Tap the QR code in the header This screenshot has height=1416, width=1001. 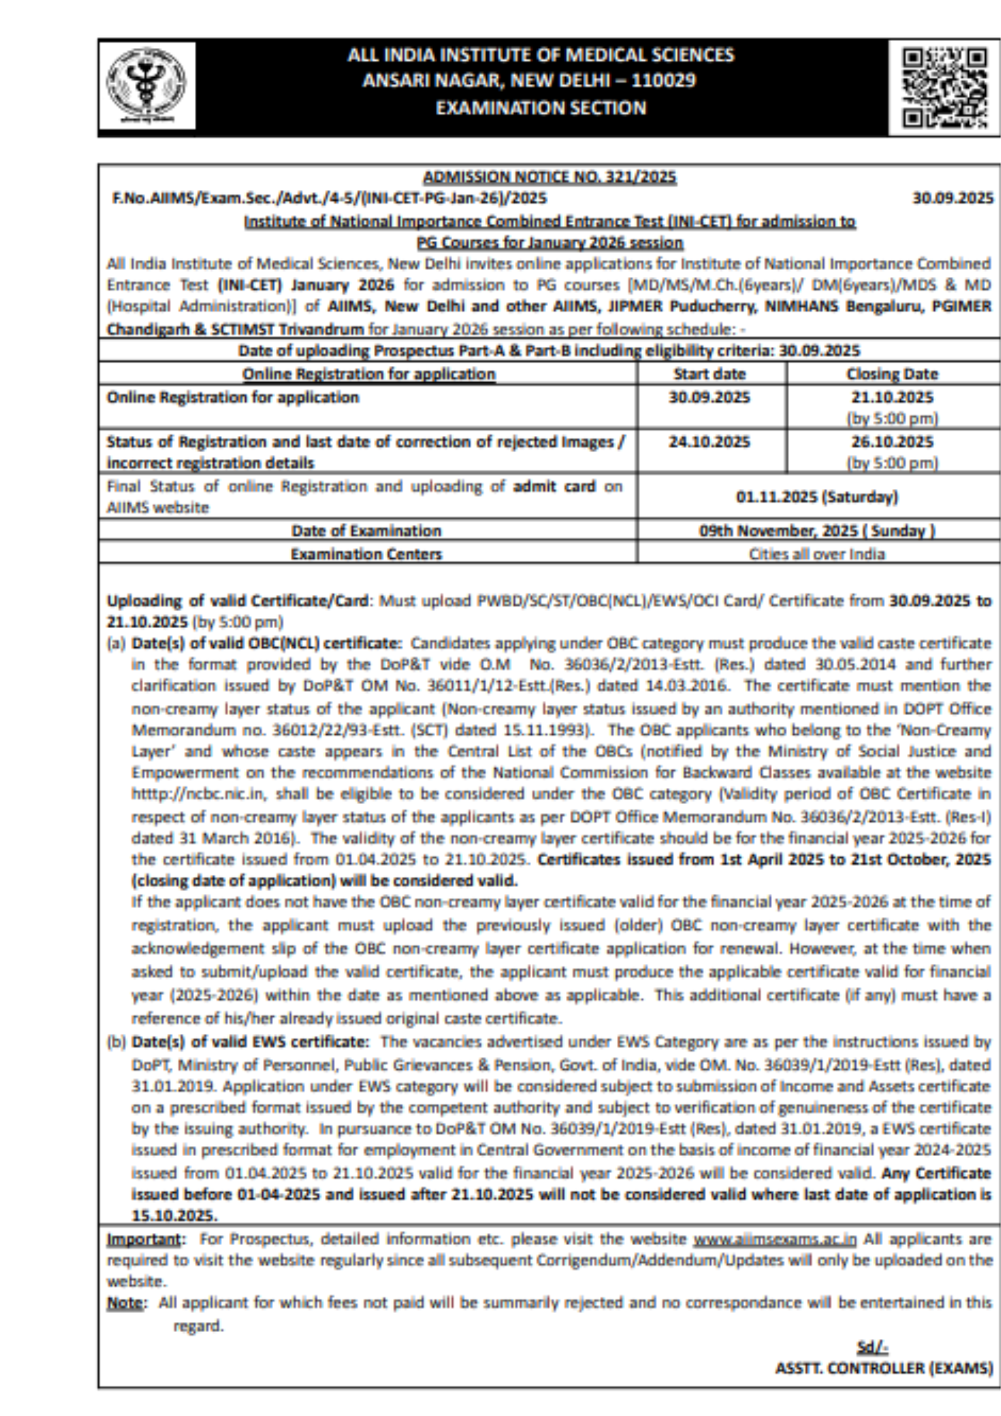(x=944, y=87)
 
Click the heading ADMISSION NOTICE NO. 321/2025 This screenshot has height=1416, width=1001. (x=549, y=177)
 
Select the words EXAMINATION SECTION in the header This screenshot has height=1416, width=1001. (x=541, y=108)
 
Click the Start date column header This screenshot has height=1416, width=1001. (x=709, y=374)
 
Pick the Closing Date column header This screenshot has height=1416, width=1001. (x=891, y=374)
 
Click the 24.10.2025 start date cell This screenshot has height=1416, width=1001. (x=709, y=442)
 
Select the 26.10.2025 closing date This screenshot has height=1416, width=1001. (x=891, y=442)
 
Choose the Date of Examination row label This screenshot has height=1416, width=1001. (x=366, y=530)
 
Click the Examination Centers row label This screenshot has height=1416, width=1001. (x=366, y=554)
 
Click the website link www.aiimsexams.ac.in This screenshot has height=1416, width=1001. (x=775, y=1239)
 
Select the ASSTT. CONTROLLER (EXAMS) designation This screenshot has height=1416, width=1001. (x=884, y=1367)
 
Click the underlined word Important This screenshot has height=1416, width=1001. (x=143, y=1239)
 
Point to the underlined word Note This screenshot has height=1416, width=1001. (x=124, y=1302)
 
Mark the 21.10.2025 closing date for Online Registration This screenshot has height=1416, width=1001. (x=891, y=397)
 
